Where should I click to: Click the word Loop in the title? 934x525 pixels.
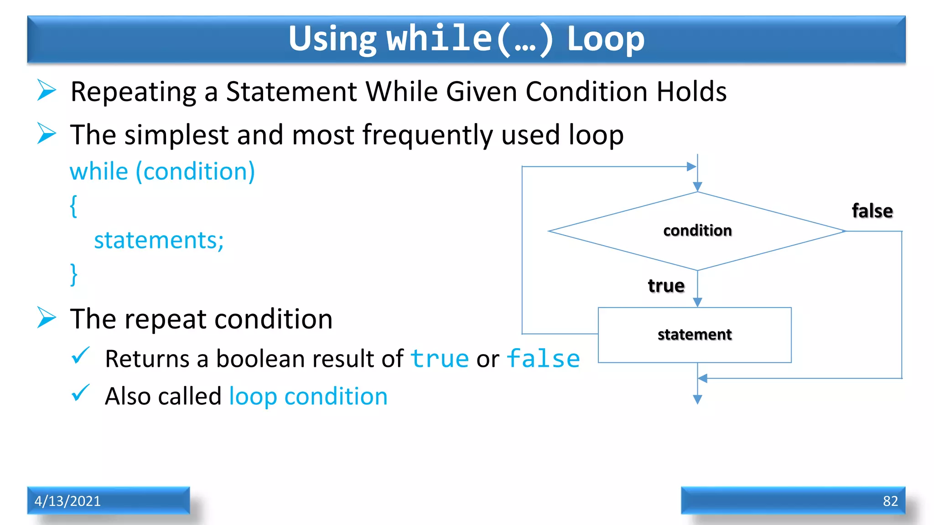click(x=605, y=39)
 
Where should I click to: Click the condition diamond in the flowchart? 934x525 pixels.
click(x=697, y=231)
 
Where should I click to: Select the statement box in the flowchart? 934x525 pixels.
click(x=695, y=335)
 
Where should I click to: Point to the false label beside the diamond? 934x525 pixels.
click(x=872, y=211)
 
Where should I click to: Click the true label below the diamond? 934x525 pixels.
click(x=666, y=286)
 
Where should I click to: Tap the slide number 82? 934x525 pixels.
click(x=890, y=501)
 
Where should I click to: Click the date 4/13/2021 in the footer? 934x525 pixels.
click(x=67, y=501)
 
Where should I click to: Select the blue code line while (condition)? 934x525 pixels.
click(x=162, y=172)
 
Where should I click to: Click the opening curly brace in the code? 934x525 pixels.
click(x=73, y=206)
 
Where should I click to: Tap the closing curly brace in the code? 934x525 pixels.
click(x=73, y=274)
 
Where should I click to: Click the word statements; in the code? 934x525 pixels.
click(x=159, y=240)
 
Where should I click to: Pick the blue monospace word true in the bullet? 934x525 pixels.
click(x=440, y=359)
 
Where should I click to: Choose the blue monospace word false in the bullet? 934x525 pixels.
click(x=543, y=359)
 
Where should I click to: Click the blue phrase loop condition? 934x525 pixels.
click(x=308, y=396)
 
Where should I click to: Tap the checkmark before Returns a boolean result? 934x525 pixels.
click(x=81, y=356)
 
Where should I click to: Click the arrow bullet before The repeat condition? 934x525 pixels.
click(x=47, y=318)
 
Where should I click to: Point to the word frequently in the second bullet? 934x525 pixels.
click(x=427, y=135)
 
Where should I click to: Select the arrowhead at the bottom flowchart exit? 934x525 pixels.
click(x=697, y=399)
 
